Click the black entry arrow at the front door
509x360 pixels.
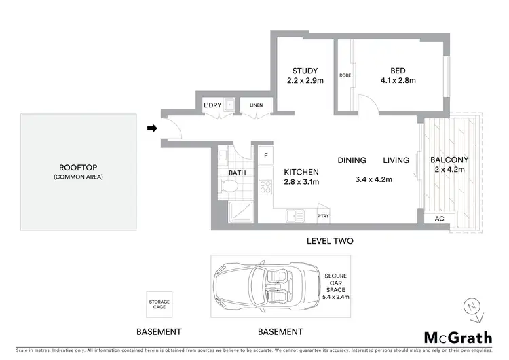(x=153, y=128)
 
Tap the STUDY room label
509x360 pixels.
(x=305, y=71)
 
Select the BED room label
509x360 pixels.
(x=398, y=71)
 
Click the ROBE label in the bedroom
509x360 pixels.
(x=344, y=76)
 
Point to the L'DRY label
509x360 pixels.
(x=212, y=105)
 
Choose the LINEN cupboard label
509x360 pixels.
(x=256, y=105)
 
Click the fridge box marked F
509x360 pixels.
(x=265, y=155)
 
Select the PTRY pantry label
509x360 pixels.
(x=323, y=217)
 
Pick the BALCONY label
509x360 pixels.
(x=449, y=160)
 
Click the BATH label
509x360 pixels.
(x=237, y=173)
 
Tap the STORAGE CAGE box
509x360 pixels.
(x=160, y=304)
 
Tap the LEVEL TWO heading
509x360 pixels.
(x=330, y=241)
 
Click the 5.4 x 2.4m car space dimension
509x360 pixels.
(x=335, y=297)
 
